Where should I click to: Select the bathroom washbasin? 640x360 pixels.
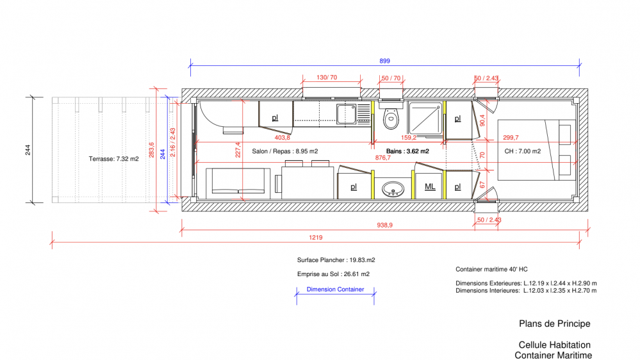click(393, 189)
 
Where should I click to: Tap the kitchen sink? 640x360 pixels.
click(346, 114)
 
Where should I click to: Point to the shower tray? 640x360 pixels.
click(425, 118)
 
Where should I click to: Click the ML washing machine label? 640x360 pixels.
click(430, 187)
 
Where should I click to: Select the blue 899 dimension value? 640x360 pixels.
click(384, 61)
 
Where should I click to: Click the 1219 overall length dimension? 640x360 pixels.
click(315, 238)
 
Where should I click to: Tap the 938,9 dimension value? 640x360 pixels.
click(384, 225)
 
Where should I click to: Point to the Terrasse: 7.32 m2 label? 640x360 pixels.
click(114, 159)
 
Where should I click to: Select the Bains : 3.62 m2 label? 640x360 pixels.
click(407, 151)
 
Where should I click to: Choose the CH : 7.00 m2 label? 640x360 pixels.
click(523, 151)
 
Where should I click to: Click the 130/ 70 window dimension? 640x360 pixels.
click(327, 78)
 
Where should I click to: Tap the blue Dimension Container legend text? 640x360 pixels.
click(335, 290)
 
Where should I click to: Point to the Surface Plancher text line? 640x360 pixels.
click(336, 260)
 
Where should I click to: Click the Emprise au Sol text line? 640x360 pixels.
click(333, 274)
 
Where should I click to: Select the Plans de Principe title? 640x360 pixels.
click(554, 323)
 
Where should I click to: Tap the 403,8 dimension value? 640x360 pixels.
click(282, 138)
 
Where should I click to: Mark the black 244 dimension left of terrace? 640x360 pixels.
click(28, 150)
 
